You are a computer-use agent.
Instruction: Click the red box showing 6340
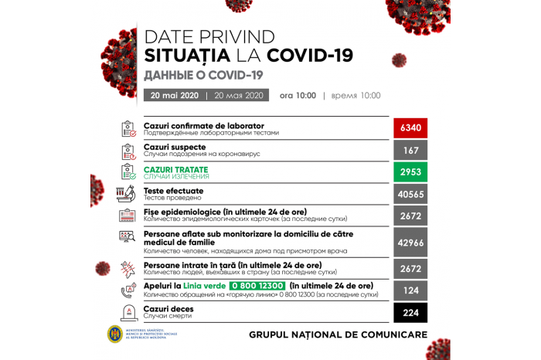[410, 128]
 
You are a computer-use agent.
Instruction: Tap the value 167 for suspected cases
[410, 150]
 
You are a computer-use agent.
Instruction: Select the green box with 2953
[410, 172]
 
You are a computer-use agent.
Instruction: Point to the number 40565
[410, 195]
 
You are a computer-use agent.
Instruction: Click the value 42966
[410, 242]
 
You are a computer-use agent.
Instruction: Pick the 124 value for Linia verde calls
[410, 290]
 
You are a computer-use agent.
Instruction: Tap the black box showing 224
[410, 312]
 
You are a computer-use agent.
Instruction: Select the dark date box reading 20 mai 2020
[174, 96]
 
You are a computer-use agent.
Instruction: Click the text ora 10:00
[298, 96]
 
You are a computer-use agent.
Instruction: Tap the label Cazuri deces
[168, 308]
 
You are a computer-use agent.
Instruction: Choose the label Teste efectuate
[174, 190]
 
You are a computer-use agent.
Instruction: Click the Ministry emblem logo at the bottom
[114, 335]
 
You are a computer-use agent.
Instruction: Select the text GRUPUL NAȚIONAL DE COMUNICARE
[338, 335]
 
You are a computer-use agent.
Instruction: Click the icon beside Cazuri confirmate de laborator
[128, 128]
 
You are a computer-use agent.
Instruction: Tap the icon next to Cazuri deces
[128, 312]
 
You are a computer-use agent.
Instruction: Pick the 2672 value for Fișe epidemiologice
[410, 216]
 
